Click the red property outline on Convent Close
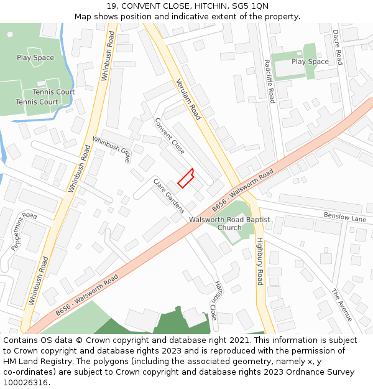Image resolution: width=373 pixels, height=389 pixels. click(x=185, y=178)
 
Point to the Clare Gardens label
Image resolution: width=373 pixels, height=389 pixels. click(x=169, y=195)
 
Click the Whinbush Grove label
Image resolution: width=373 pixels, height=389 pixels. click(x=111, y=149)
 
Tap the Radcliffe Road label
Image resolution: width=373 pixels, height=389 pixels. click(x=269, y=81)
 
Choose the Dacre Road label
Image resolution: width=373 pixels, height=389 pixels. click(x=337, y=47)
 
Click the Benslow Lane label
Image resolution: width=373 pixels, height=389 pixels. click(x=345, y=216)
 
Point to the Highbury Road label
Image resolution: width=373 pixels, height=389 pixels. click(x=260, y=261)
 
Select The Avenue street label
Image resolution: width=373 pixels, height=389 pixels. click(x=341, y=305)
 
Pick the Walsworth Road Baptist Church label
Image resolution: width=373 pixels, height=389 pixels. click(x=229, y=223)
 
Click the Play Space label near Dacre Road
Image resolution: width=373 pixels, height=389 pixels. click(x=310, y=62)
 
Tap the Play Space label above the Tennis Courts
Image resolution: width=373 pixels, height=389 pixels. click(x=35, y=58)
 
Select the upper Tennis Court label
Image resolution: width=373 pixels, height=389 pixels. click(x=54, y=91)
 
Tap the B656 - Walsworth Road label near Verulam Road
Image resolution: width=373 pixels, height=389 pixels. click(x=242, y=190)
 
